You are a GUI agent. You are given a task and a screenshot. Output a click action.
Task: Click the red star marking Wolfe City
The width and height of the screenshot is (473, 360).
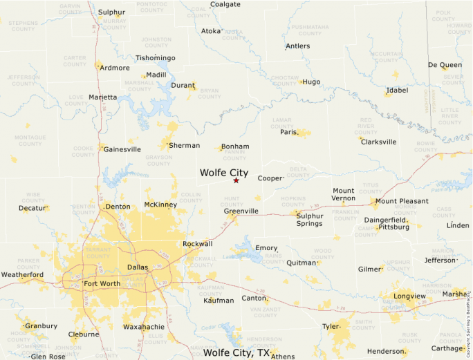[236, 180]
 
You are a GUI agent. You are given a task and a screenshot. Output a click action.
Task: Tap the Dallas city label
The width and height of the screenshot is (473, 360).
[138, 267]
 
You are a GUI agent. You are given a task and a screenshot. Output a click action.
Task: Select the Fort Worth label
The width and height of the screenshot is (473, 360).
[102, 283]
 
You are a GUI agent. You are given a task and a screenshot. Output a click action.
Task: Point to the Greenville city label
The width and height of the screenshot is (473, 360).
[241, 211]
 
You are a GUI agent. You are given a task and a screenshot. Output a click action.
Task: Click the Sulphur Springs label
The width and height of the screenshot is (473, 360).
[309, 220]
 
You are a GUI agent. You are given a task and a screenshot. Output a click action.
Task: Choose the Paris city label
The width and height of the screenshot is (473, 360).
[288, 131]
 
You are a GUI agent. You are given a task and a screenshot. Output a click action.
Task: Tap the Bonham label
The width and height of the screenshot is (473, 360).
[236, 146]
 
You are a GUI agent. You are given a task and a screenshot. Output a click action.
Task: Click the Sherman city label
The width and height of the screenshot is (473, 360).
[185, 145]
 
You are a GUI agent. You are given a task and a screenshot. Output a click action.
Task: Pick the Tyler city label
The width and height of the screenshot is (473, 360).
[331, 325]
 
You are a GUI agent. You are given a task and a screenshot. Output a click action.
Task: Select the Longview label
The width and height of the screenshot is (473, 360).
[409, 296]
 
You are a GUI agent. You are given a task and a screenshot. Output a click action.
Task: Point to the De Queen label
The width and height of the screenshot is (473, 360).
[445, 65]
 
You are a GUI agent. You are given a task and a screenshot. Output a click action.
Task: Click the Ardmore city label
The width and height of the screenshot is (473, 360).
[115, 68]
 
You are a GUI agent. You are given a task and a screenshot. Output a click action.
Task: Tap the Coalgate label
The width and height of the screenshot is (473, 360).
[225, 4]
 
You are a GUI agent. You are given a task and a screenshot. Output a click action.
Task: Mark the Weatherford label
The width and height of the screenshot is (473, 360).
[22, 274]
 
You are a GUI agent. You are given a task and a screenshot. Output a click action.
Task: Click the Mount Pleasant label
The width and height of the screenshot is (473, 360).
[402, 201]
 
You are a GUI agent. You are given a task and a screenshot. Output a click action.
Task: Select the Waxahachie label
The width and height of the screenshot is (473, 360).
[143, 326]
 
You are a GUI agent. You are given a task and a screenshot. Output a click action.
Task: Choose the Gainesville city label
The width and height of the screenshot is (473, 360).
[122, 149]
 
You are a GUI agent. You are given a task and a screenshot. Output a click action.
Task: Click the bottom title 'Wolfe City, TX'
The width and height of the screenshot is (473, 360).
[236, 352]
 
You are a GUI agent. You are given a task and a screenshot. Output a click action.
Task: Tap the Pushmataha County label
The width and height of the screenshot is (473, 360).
[310, 30]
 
